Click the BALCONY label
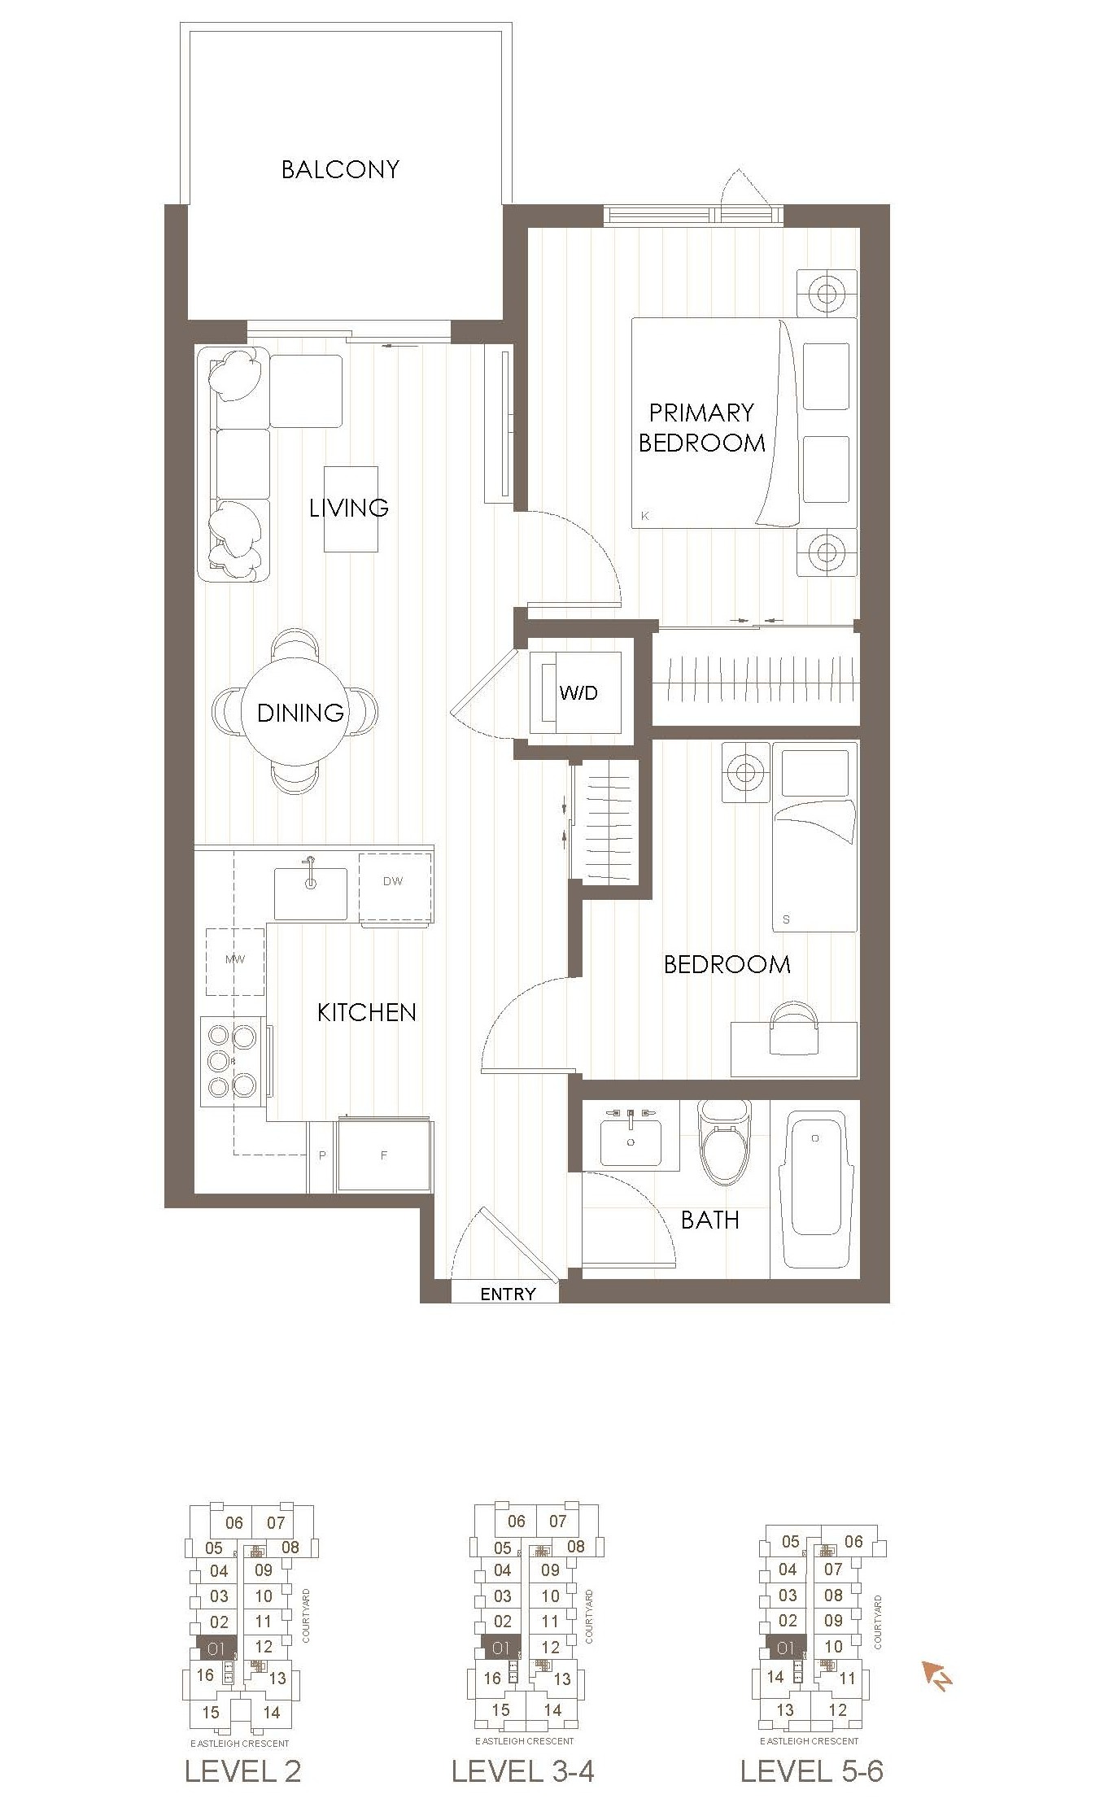coord(340,169)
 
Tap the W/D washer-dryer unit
coord(578,692)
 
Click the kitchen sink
coord(310,893)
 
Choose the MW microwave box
coord(235,960)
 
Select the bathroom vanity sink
coord(631,1139)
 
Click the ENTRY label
coord(508,1294)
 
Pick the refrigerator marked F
coord(385,1155)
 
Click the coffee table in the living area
coord(351,509)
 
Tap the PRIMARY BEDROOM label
coord(701,428)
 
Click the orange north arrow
coord(936,1676)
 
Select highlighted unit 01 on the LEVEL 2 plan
coord(216,1649)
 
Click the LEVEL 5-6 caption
coord(811,1770)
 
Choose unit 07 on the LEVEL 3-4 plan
coord(557,1521)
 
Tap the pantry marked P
coord(322,1155)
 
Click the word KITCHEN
coord(366,1012)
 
